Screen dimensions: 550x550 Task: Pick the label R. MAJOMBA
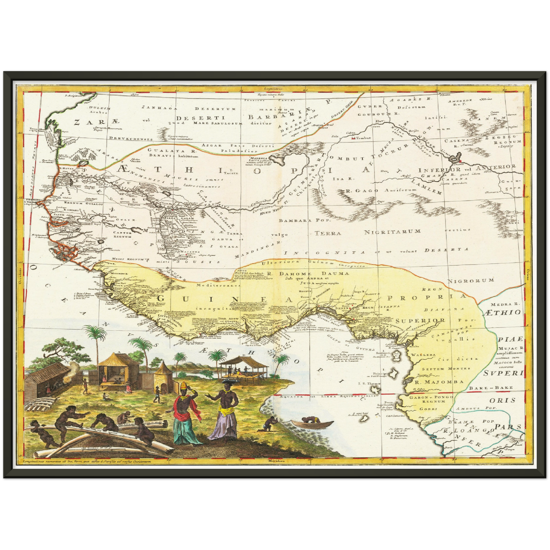click(x=439, y=382)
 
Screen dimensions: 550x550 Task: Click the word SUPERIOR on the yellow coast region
click(x=420, y=320)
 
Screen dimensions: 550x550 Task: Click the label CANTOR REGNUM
click(x=122, y=234)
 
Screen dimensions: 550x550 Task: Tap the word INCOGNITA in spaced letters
click(x=325, y=252)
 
